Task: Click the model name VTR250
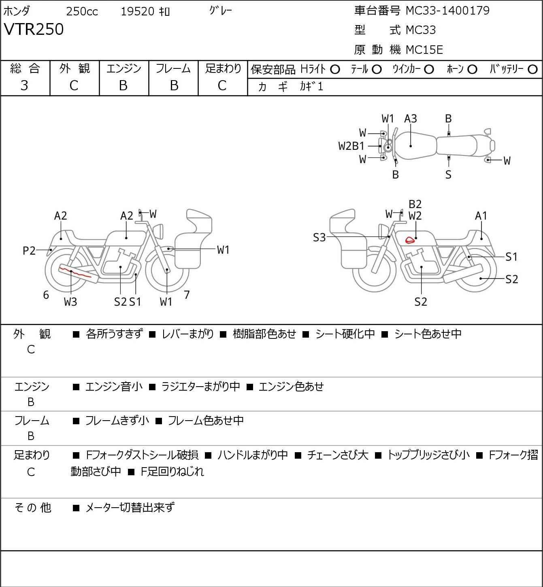pos(34,29)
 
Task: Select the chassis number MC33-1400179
pos(448,11)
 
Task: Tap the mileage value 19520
pos(138,11)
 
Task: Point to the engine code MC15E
pos(424,50)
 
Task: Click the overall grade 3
pos(24,86)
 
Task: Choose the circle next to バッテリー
pos(532,70)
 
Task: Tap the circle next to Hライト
pos(335,70)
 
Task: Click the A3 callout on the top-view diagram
pos(411,119)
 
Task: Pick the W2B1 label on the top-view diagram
pos(351,146)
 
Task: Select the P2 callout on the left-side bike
pos(29,251)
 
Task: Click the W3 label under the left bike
pos(70,302)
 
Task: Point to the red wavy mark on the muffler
pos(75,272)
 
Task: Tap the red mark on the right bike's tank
pos(410,240)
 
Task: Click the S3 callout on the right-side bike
pos(319,237)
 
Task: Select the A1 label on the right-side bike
pos(481,216)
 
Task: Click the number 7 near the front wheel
pos(187,295)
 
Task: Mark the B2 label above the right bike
pos(415,204)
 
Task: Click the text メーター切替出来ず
pos(130,508)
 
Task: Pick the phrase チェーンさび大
pos(337,455)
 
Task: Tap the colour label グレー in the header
pos(221,11)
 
